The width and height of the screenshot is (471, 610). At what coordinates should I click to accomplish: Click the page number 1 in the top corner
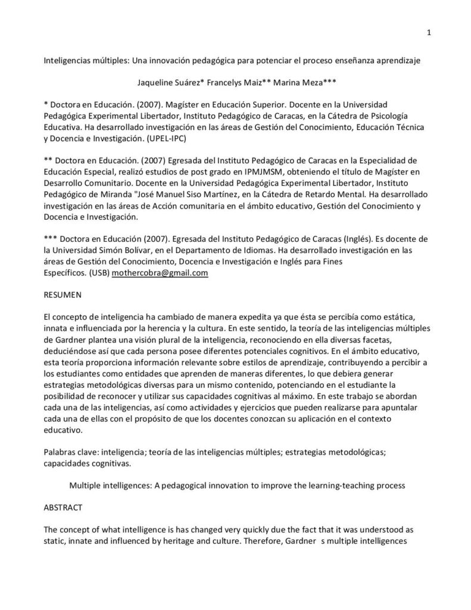(x=429, y=33)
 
